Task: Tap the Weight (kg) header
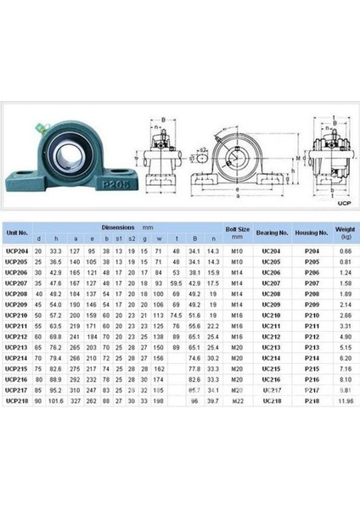(344, 231)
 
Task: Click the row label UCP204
(18, 251)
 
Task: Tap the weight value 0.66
(345, 251)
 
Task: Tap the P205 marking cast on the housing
(70, 180)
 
